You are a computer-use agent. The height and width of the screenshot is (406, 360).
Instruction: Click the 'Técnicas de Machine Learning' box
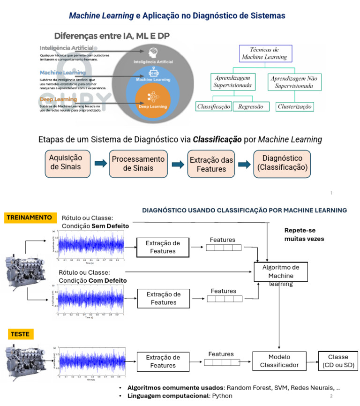(265, 53)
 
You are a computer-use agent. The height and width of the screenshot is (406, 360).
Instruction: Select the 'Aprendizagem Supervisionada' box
(233, 82)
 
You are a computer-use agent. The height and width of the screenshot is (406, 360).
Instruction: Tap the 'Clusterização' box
(294, 106)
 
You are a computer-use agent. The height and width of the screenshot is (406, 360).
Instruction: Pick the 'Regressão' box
(250, 106)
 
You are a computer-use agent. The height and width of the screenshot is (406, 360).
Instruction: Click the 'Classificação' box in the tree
(214, 106)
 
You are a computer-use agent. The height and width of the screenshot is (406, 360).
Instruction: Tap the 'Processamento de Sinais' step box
(138, 164)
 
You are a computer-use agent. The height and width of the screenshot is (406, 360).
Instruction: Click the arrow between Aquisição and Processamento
(100, 164)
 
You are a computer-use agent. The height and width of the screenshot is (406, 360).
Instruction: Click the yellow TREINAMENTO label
(29, 218)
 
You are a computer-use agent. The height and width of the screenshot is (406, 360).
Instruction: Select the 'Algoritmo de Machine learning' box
(280, 272)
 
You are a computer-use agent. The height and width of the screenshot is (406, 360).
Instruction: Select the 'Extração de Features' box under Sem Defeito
(163, 247)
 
